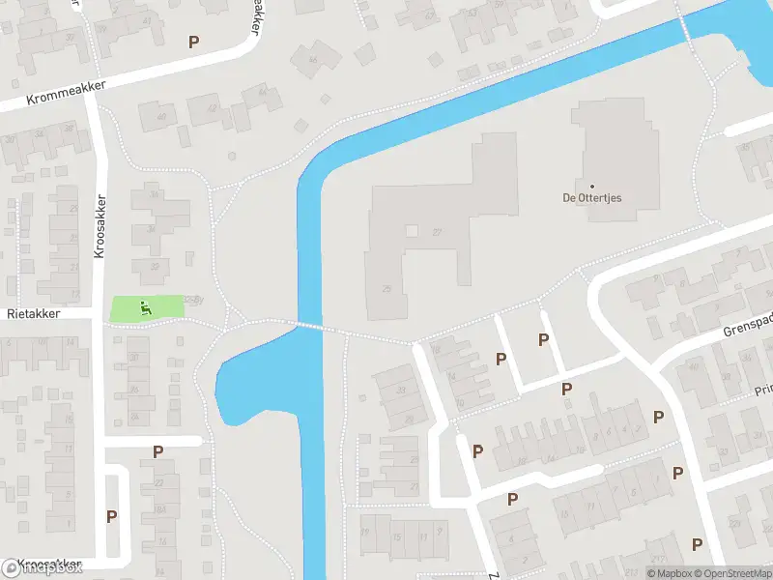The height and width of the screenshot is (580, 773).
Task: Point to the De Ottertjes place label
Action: (x=592, y=197)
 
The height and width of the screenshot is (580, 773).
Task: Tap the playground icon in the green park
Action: (x=146, y=308)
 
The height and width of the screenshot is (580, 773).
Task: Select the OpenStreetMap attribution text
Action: (x=733, y=573)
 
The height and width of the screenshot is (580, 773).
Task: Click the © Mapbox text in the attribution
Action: (x=669, y=573)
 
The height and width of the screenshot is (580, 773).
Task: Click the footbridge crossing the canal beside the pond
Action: (x=309, y=326)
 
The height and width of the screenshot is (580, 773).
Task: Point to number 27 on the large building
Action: (x=437, y=232)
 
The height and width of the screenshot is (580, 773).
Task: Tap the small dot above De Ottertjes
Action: (x=591, y=185)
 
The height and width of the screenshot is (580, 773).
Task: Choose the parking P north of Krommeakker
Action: (x=194, y=42)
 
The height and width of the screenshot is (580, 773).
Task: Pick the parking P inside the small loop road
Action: (x=111, y=516)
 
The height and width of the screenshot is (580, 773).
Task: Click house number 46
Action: (x=311, y=60)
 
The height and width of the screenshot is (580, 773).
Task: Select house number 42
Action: (x=212, y=108)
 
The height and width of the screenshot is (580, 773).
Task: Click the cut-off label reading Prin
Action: (x=762, y=391)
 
